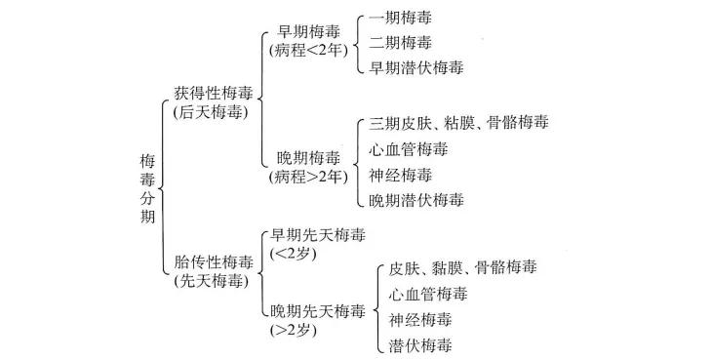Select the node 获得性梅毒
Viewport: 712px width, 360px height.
pos(213,93)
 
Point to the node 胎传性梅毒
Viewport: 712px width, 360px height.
pos(213,262)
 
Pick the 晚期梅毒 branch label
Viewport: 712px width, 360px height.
pos(309,158)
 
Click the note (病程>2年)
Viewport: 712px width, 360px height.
pos(309,178)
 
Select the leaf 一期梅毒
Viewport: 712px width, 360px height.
pos(402,19)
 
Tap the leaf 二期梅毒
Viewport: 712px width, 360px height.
pos(402,43)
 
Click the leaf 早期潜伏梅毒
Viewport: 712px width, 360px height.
pos(416,67)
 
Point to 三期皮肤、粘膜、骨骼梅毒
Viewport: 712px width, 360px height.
pos(458,123)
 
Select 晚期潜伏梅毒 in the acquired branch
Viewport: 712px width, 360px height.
pos(416,200)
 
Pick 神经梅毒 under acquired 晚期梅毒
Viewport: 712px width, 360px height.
pos(402,175)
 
